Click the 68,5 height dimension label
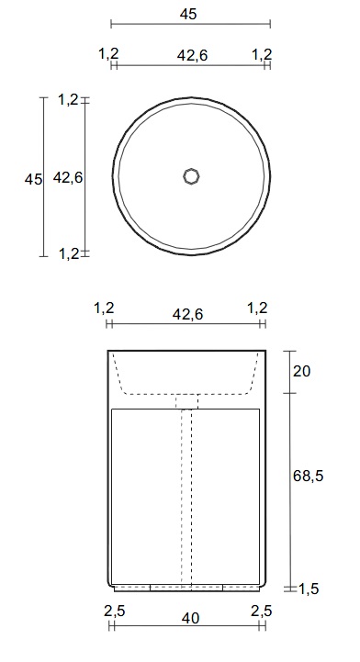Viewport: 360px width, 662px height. (308, 476)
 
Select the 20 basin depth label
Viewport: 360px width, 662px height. (301, 372)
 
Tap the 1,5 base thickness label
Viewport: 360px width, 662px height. (309, 589)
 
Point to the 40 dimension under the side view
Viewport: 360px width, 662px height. (190, 619)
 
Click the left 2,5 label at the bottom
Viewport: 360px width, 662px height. (115, 611)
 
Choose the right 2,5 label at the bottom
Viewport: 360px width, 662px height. (261, 611)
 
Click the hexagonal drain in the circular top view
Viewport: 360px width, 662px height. (191, 176)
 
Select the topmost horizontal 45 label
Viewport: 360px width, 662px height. (188, 14)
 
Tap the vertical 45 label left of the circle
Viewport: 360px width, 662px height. (33, 179)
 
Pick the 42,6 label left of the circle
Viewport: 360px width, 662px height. (68, 178)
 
